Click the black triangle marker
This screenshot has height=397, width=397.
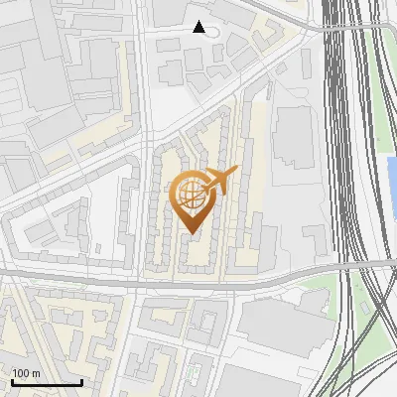199,28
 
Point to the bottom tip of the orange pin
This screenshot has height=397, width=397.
192,233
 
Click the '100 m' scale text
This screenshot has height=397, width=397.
26,373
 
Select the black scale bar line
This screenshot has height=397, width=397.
46,382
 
